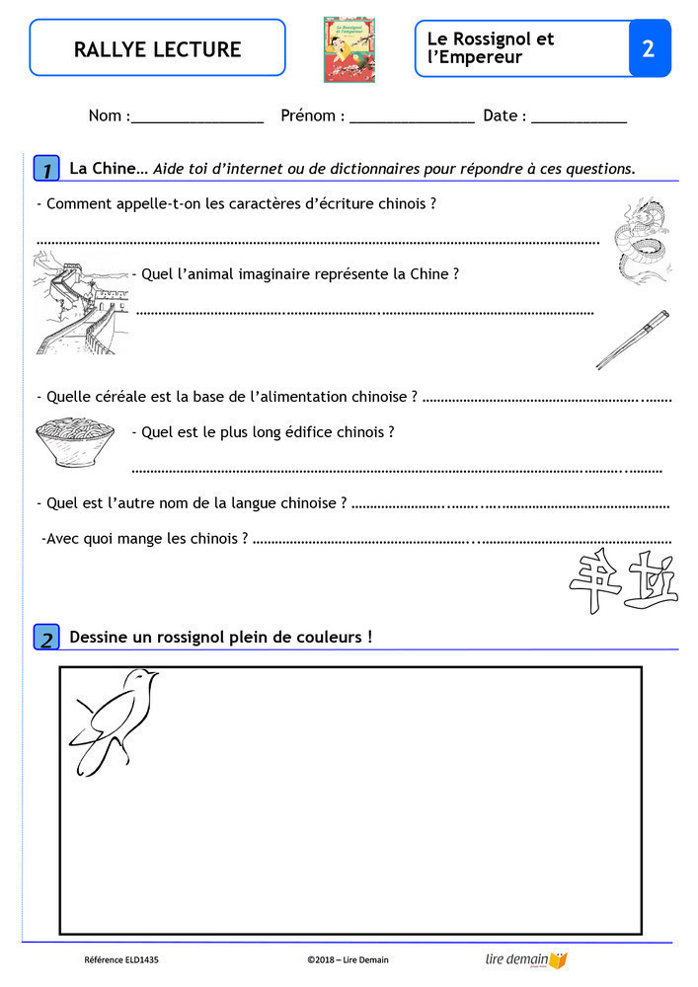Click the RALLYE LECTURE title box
(157, 48)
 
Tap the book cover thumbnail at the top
(349, 48)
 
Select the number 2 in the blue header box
(649, 48)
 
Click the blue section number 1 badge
(46, 169)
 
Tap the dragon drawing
(643, 238)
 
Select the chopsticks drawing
(633, 339)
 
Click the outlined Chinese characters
(624, 581)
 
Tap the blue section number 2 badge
(46, 638)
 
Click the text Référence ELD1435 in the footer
(121, 959)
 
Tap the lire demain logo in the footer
(526, 959)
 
